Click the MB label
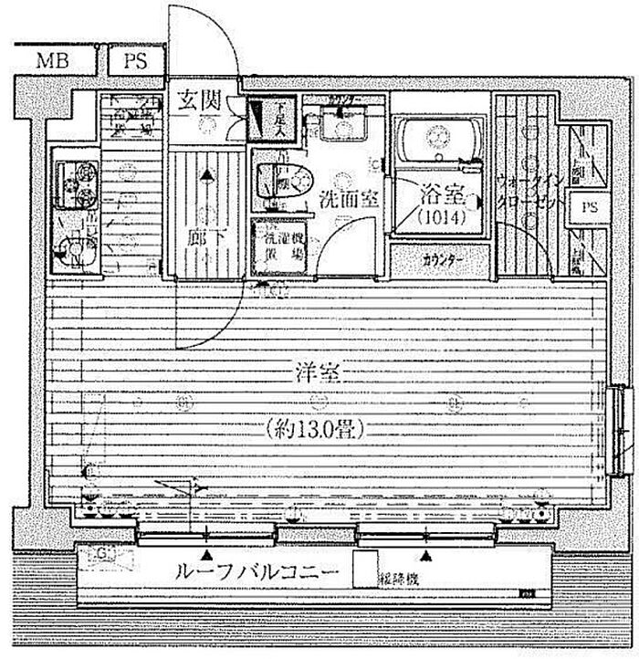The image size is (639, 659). [50, 61]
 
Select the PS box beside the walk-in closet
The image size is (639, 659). [591, 207]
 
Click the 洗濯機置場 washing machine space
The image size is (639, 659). [279, 246]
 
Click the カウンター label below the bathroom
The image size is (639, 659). [443, 260]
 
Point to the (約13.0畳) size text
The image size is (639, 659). [315, 429]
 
